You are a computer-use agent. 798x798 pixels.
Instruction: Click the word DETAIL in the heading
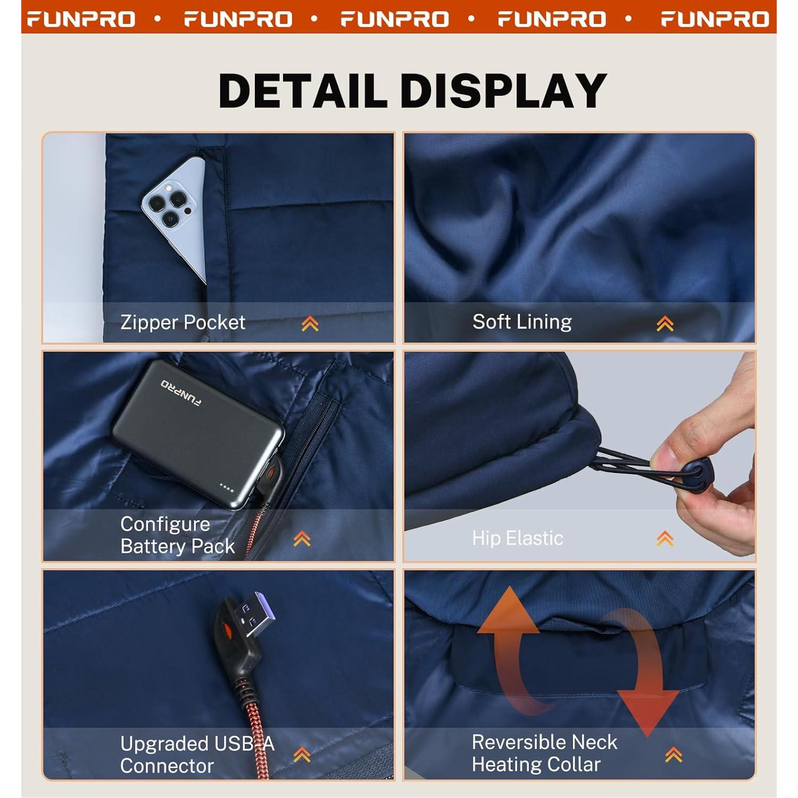click(x=303, y=90)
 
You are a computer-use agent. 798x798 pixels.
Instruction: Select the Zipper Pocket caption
click(x=182, y=322)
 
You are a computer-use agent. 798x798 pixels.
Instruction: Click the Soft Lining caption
click(x=522, y=322)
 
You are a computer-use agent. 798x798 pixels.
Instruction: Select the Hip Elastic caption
click(x=517, y=538)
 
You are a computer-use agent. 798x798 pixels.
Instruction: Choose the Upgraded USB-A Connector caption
click(x=197, y=754)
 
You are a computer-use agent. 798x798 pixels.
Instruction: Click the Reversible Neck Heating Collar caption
click(x=544, y=753)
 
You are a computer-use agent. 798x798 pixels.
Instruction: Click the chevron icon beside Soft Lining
click(x=665, y=323)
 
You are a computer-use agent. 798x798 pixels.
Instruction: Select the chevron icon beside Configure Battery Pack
click(x=302, y=539)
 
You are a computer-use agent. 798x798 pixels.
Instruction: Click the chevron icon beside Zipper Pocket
click(x=310, y=323)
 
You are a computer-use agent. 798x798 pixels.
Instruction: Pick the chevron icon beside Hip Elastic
click(x=665, y=539)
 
